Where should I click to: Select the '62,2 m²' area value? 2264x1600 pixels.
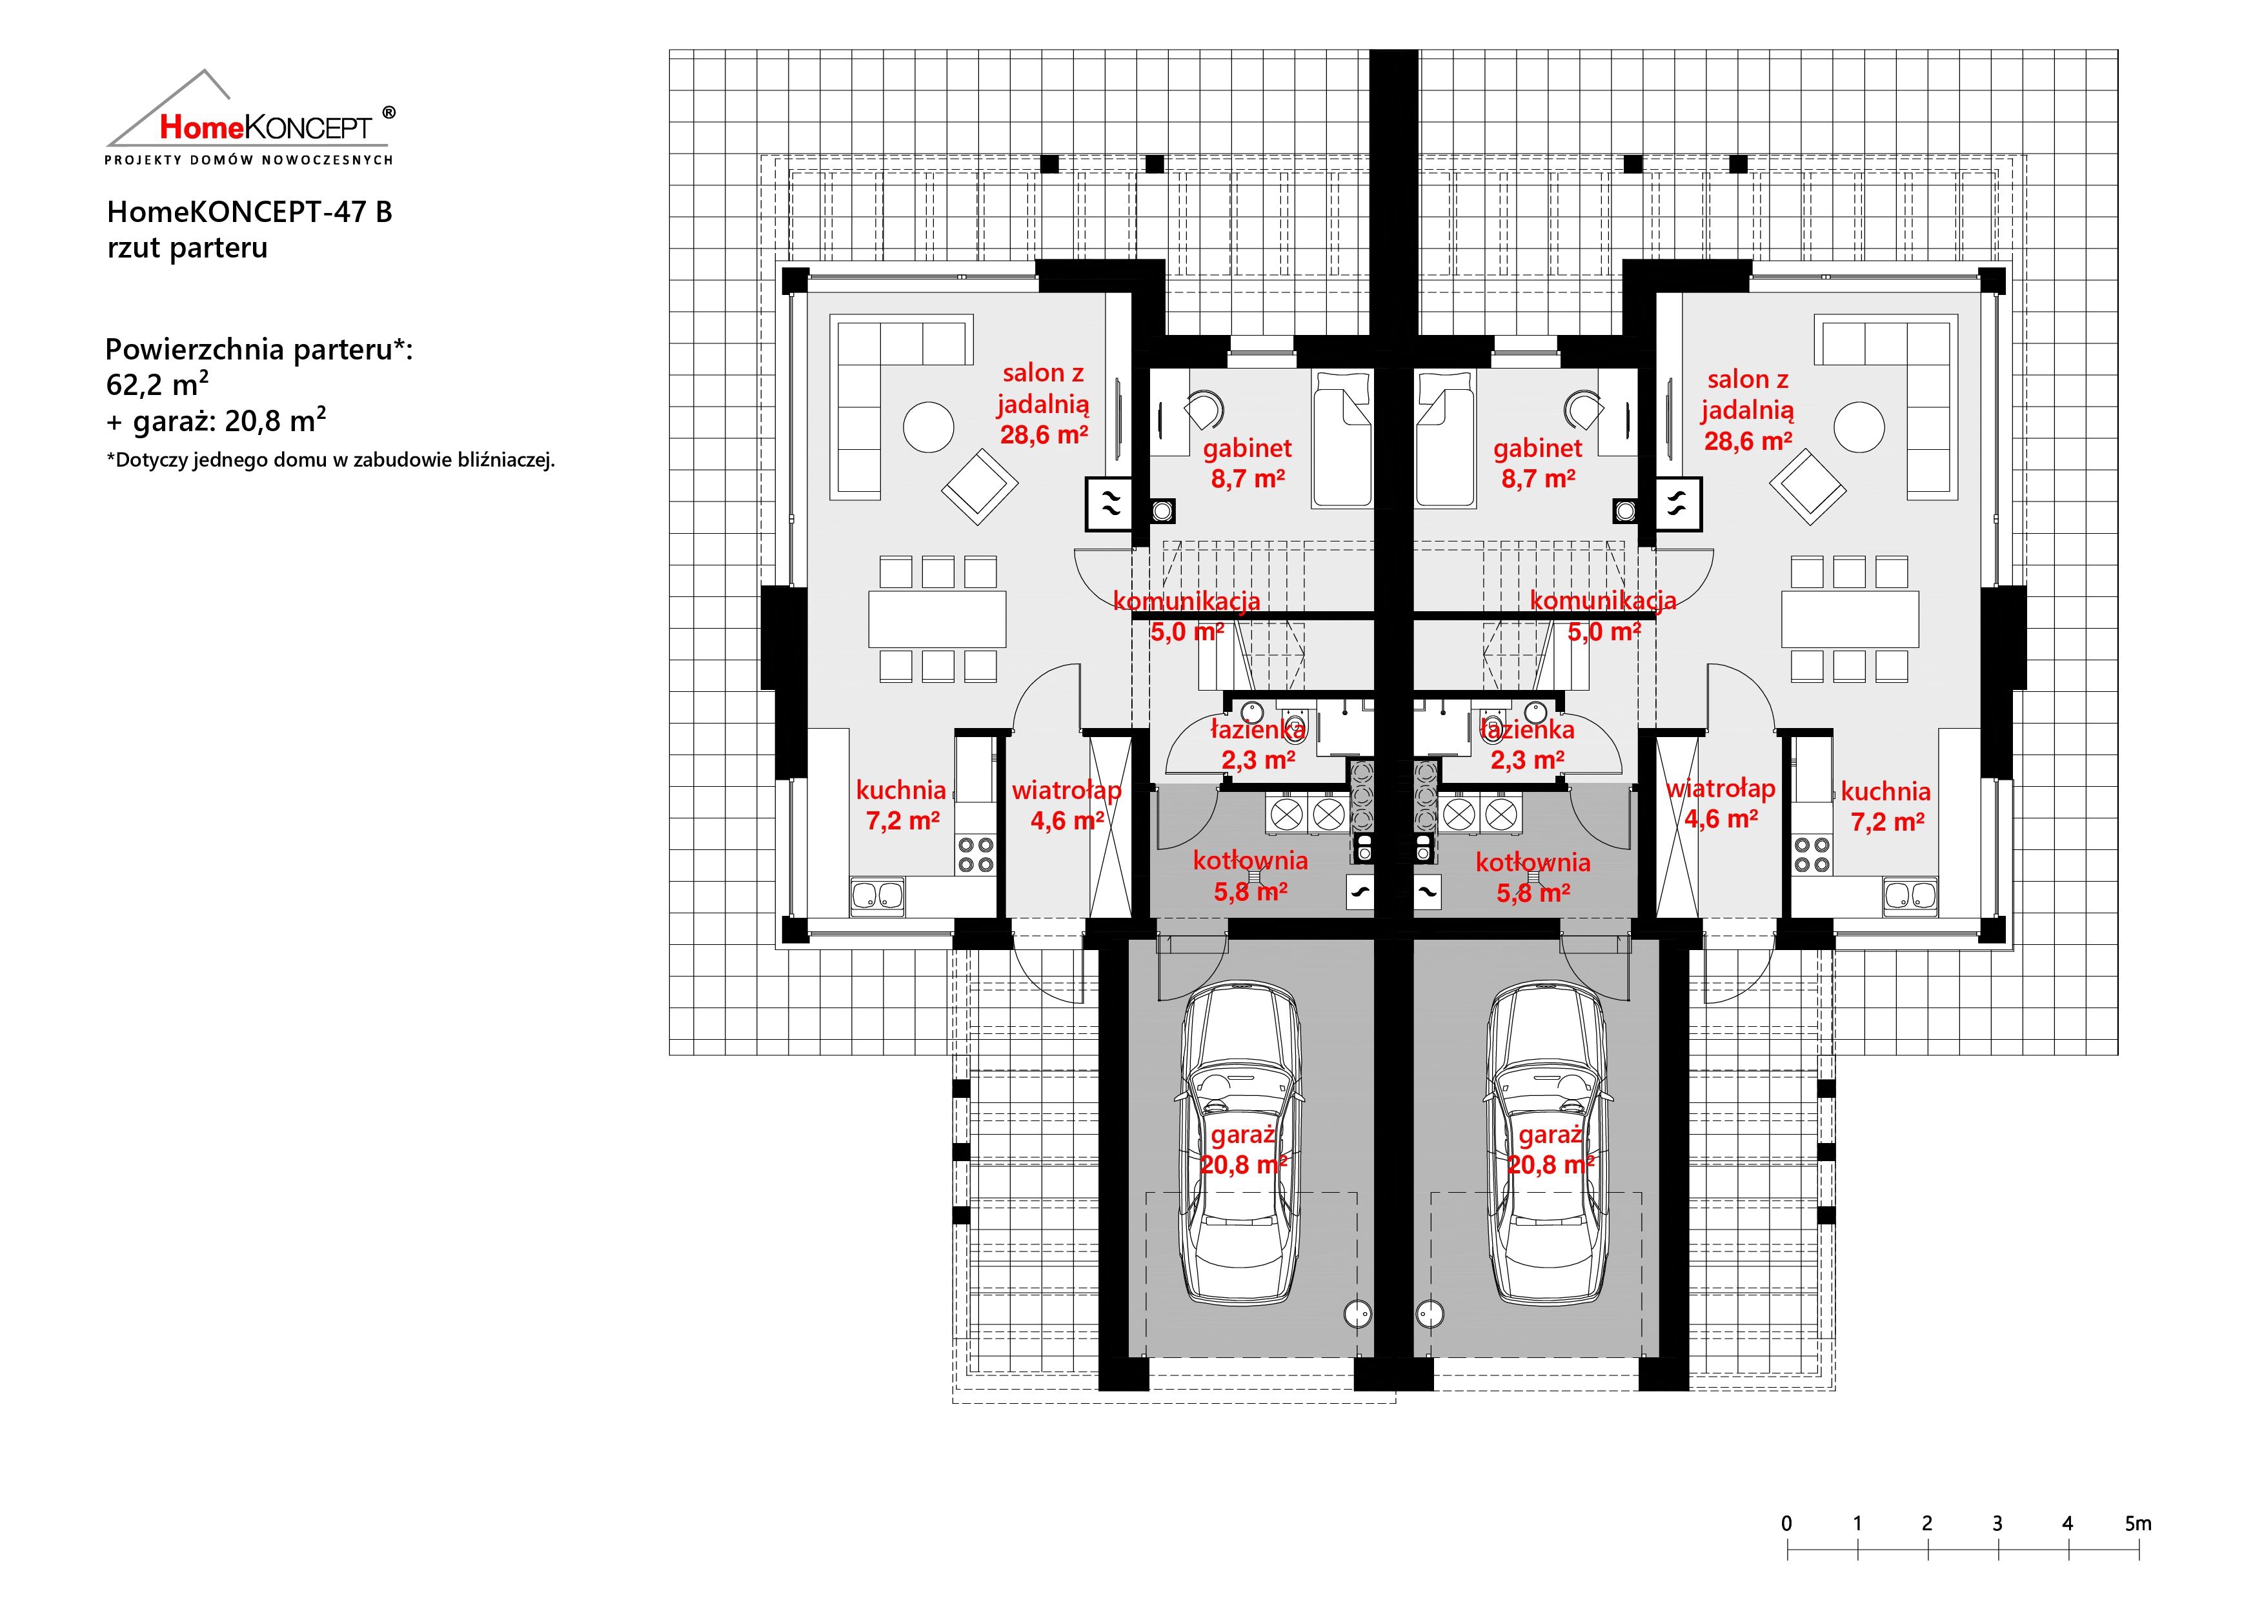click(x=157, y=383)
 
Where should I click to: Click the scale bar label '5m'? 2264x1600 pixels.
click(x=2138, y=1523)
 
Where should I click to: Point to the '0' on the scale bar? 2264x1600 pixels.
click(x=1787, y=1523)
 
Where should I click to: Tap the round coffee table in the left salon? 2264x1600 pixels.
click(x=928, y=427)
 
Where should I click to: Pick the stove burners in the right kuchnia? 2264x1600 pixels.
click(x=1812, y=854)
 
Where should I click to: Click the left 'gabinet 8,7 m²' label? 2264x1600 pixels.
click(x=1248, y=463)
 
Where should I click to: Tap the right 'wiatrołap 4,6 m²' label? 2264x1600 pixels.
click(x=1721, y=804)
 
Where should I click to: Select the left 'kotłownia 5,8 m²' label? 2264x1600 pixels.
click(x=1250, y=875)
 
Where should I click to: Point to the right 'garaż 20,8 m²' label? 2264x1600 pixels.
click(x=1550, y=1149)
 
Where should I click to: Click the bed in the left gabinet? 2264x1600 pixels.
click(x=1342, y=439)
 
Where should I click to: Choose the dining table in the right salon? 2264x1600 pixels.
click(x=1850, y=619)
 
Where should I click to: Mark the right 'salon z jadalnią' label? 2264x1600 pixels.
click(x=1747, y=394)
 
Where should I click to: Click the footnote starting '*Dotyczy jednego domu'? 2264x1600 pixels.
click(x=330, y=460)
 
